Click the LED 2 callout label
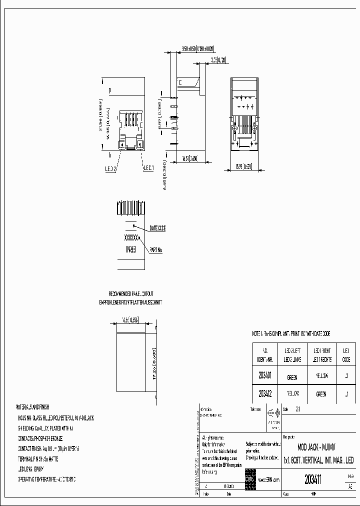[x=110, y=169]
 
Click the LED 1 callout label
[x=148, y=169]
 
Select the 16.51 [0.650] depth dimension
[x=189, y=158]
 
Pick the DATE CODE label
[x=157, y=228]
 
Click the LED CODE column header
[x=345, y=355]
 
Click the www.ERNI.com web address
[x=268, y=479]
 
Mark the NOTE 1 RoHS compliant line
[x=290, y=333]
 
